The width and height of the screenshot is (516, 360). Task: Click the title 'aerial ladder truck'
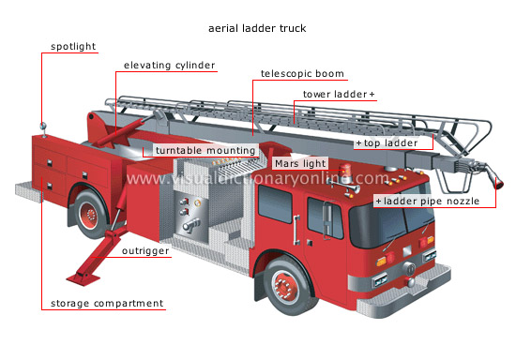tap(257, 28)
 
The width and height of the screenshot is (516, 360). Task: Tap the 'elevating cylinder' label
tap(170, 66)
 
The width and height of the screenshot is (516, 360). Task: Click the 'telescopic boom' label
tap(302, 73)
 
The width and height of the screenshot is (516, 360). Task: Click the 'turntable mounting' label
tap(205, 150)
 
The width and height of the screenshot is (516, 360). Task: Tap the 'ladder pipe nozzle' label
tap(431, 201)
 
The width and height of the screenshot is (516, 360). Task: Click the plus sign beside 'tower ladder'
tap(372, 95)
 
